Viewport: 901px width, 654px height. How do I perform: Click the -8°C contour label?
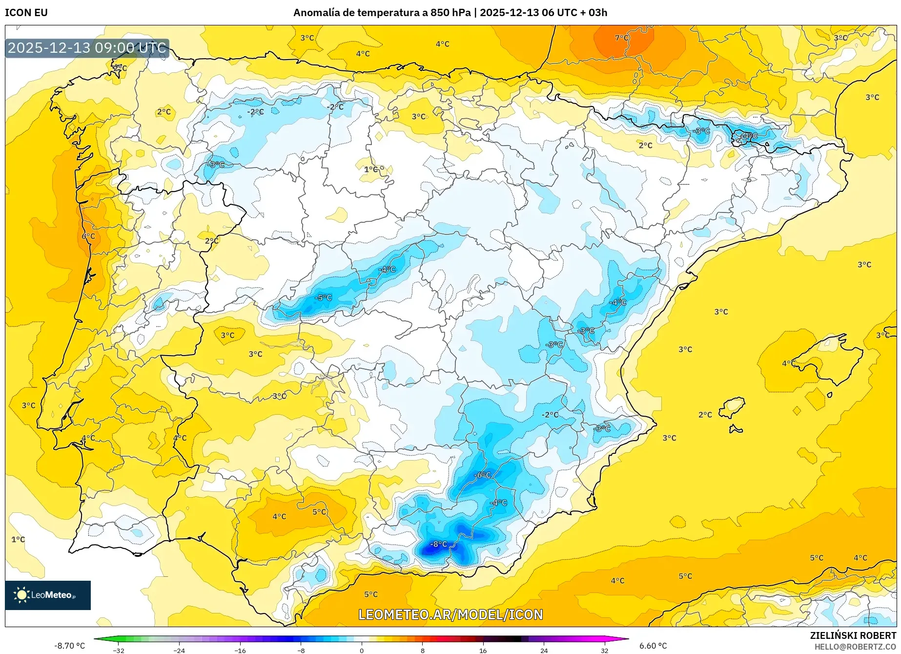(438, 544)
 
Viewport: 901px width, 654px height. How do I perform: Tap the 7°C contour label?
(622, 38)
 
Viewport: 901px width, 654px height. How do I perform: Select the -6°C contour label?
(482, 475)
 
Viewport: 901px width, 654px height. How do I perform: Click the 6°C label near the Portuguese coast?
(88, 236)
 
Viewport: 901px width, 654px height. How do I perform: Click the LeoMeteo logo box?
(48, 595)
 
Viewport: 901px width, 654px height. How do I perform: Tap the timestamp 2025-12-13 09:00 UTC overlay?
(87, 48)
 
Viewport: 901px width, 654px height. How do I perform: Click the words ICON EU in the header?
(26, 13)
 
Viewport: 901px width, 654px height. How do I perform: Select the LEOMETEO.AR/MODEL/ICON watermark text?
(450, 614)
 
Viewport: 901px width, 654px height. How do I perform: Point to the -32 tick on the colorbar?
(119, 650)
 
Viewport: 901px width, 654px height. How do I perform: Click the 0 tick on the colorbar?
(362, 650)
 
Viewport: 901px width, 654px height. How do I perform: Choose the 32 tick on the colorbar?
(604, 650)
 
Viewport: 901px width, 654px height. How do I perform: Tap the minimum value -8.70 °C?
(69, 646)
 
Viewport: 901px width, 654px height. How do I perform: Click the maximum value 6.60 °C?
(653, 646)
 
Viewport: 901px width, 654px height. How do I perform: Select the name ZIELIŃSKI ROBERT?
(853, 635)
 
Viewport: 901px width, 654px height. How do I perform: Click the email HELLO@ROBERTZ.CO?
(855, 647)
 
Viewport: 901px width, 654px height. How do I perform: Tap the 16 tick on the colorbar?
(483, 650)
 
